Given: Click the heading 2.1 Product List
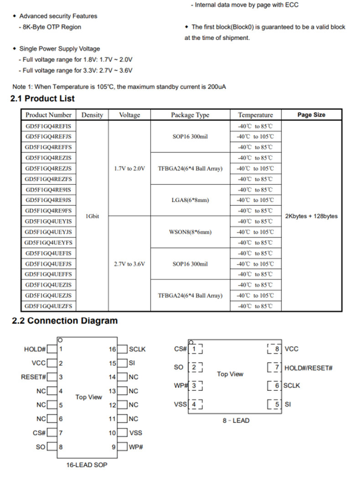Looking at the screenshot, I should [x=42, y=98].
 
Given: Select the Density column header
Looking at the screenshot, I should [x=92, y=115].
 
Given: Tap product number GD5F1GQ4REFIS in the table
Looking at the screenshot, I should [x=48, y=126].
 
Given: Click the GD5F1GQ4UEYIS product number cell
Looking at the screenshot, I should [x=48, y=221].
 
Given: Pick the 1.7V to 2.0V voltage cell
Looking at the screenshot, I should [x=129, y=169].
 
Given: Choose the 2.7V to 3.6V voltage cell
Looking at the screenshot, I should [x=129, y=264].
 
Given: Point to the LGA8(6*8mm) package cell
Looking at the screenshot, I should [x=190, y=200].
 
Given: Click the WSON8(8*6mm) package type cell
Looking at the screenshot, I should [x=190, y=232].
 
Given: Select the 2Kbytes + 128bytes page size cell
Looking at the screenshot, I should [x=311, y=216].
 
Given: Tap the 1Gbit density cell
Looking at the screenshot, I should [x=92, y=216].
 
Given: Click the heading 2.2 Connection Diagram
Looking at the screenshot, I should [x=64, y=321].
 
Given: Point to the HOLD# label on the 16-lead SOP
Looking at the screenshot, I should [x=35, y=349].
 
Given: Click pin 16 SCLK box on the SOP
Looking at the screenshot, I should [x=123, y=349].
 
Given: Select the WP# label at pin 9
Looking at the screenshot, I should [x=136, y=447].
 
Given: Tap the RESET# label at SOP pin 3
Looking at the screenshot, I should [x=33, y=377].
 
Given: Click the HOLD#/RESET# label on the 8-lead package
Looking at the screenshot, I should [x=308, y=368].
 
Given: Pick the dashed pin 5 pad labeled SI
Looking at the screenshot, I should [x=275, y=404].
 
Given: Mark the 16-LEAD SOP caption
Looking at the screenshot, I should [x=87, y=465].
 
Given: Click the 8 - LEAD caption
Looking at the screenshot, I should [x=236, y=420].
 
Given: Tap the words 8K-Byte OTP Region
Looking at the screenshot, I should [x=52, y=27].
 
